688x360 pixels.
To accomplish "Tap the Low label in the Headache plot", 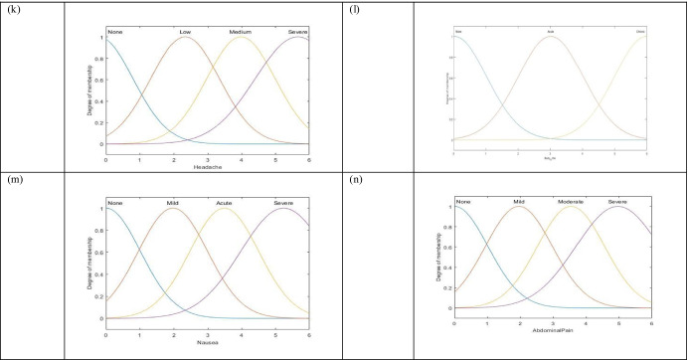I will pos(185,33).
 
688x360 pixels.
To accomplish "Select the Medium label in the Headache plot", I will pos(241,33).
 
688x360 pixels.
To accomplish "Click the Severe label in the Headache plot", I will pos(297,33).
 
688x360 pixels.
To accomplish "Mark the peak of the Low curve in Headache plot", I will pos(185,38).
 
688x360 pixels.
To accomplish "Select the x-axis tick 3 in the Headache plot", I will pos(207,157).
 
